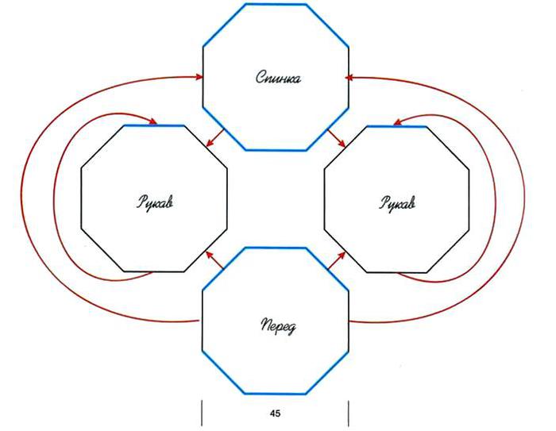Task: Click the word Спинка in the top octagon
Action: tap(278, 77)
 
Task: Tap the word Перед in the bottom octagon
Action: tap(278, 326)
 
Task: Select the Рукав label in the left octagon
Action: tap(156, 202)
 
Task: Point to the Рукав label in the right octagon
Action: tap(397, 203)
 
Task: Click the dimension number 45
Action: tap(275, 414)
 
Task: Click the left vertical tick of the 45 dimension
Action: tap(202, 413)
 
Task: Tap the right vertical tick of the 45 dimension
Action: tap(349, 414)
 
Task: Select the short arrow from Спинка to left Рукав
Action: tap(215, 137)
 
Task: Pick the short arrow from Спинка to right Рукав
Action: tap(336, 138)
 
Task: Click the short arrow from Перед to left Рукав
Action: tap(215, 260)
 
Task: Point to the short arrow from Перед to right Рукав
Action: tap(337, 260)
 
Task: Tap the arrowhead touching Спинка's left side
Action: tap(199, 76)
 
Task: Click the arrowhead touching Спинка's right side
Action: tap(349, 78)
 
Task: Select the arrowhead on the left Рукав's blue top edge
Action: tap(153, 121)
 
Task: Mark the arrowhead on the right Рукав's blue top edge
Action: tap(398, 122)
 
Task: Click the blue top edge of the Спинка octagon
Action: tap(276, 4)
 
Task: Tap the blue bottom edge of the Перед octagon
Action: tap(275, 394)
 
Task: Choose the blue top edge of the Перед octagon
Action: tap(275, 248)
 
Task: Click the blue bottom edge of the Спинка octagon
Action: tap(276, 150)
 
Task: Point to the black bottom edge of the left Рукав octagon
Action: tap(154, 272)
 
